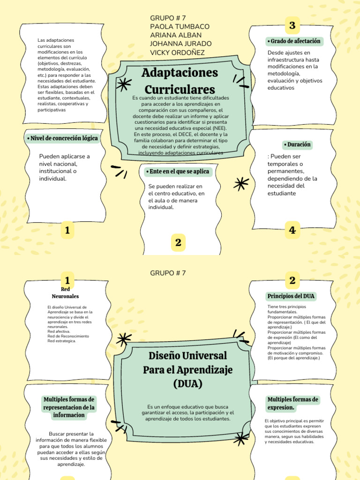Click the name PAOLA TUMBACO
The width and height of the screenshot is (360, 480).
click(180, 27)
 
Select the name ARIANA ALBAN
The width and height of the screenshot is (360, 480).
click(176, 35)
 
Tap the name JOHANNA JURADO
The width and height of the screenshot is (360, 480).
click(181, 44)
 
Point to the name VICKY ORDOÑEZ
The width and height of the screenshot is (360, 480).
click(177, 52)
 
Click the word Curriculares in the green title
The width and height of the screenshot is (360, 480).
click(180, 89)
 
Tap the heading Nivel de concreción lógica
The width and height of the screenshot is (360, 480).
click(62, 138)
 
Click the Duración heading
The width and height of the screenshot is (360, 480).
click(297, 145)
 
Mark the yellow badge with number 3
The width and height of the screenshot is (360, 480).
click(292, 26)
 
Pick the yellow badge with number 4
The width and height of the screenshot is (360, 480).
click(292, 230)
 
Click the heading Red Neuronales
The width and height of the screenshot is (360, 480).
click(65, 293)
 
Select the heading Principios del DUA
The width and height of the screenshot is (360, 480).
click(291, 296)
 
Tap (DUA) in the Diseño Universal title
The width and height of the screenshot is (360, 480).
click(187, 384)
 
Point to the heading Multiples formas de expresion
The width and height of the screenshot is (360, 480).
click(293, 403)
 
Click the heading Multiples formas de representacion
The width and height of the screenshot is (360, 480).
click(69, 407)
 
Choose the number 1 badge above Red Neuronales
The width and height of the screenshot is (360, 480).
click(67, 281)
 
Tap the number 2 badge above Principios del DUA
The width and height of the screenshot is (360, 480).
click(292, 281)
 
